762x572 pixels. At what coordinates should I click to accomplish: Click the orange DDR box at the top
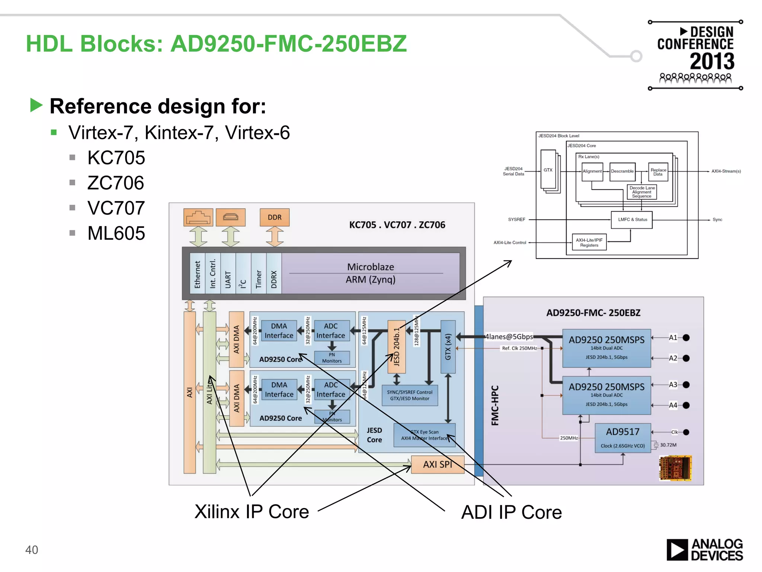[x=275, y=217]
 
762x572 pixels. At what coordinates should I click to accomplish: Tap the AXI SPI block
[x=438, y=464]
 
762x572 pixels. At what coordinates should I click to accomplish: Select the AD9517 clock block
[x=622, y=438]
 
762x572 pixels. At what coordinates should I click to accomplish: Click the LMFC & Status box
[x=632, y=220]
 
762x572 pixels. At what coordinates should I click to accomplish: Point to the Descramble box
[x=622, y=171]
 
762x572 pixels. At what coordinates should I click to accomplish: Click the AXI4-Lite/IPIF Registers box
[x=589, y=242]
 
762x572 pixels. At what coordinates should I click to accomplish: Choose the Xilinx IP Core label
[x=252, y=512]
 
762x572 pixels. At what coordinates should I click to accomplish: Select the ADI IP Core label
[x=511, y=512]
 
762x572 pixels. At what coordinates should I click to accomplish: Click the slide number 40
[x=32, y=550]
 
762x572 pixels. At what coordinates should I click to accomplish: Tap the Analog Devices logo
[x=704, y=550]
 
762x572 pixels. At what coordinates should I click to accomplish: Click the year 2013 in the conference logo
[x=712, y=61]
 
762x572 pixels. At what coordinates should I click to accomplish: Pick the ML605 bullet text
[x=116, y=233]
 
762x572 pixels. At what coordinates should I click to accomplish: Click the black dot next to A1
[x=686, y=338]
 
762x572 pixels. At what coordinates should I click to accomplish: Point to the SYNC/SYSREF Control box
[x=409, y=395]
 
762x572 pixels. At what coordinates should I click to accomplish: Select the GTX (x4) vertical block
[x=448, y=347]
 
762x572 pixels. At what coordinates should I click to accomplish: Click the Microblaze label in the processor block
[x=370, y=267]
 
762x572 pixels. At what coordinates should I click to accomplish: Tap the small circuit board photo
[x=675, y=468]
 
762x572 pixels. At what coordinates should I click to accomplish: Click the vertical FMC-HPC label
[x=494, y=406]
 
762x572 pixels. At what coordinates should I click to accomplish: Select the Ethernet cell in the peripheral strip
[x=197, y=274]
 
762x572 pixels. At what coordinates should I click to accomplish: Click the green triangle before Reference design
[x=36, y=105]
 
